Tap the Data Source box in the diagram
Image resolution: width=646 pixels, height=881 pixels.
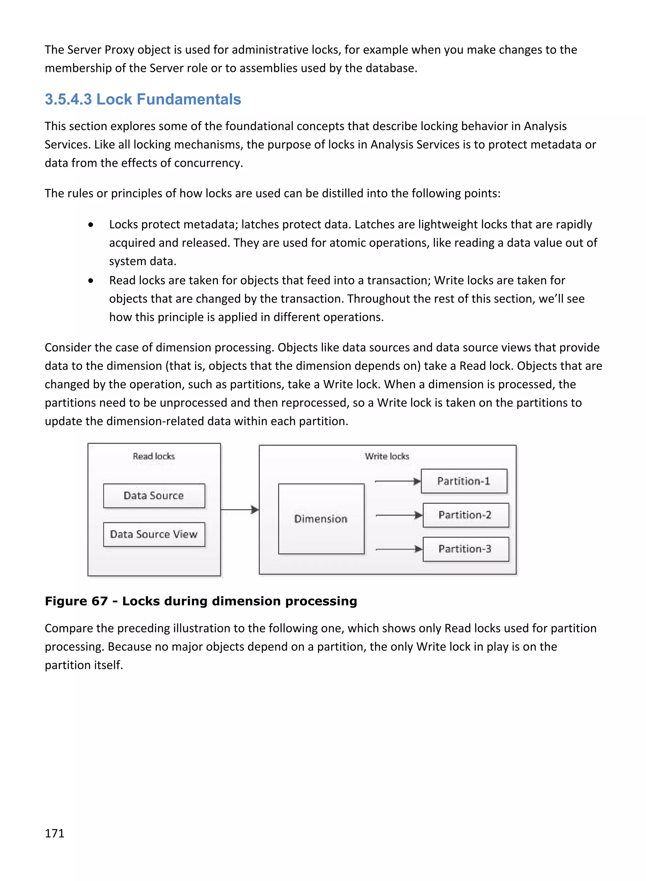point(154,496)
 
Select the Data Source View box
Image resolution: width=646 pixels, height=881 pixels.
point(154,534)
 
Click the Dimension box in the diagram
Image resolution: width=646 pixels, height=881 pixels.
point(321,519)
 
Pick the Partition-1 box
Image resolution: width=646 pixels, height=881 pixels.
point(464,481)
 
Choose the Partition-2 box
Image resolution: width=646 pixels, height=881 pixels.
point(465,515)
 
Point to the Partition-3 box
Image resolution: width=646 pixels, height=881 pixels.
point(465,549)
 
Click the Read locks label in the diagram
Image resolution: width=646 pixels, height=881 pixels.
point(154,456)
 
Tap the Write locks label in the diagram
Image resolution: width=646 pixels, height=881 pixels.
point(387,456)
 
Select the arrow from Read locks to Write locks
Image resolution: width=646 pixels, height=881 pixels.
point(239,510)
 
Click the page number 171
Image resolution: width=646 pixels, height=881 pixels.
point(54,833)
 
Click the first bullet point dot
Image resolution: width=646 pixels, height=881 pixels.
point(91,225)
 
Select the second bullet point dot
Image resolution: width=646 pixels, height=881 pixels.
point(91,281)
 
